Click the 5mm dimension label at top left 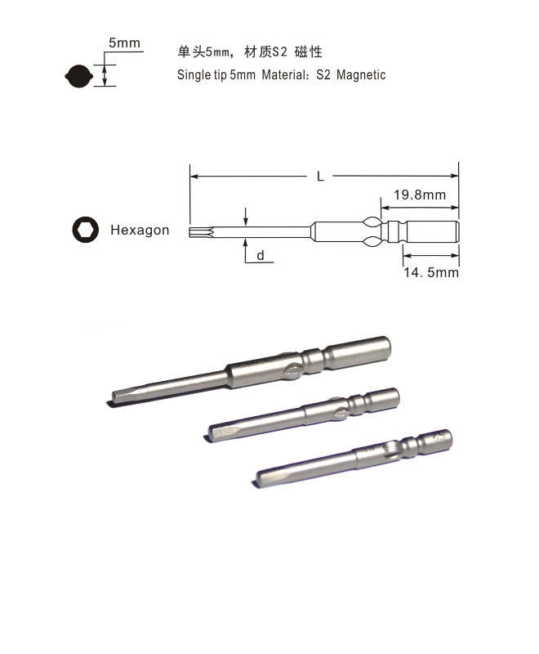[x=124, y=43]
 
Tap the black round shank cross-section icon [x=78, y=76]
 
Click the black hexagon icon [x=86, y=230]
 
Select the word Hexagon [x=140, y=231]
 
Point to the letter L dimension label [x=320, y=177]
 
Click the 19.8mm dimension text [x=420, y=195]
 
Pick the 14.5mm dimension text [x=431, y=272]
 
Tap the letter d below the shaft [x=261, y=255]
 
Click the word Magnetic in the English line [x=361, y=75]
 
